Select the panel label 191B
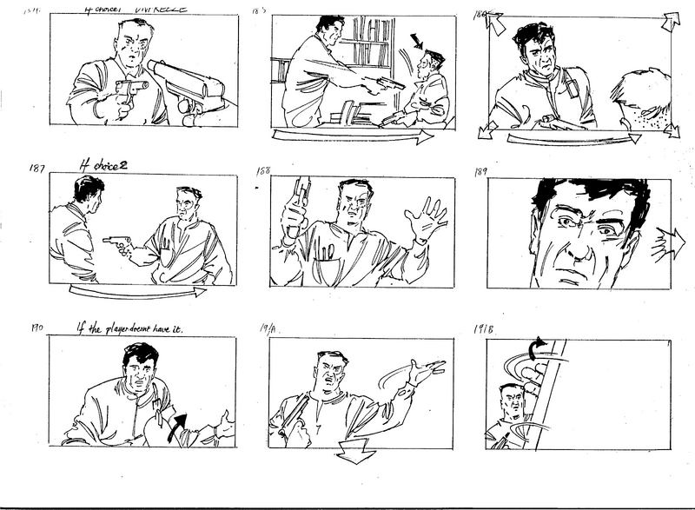tap(485, 330)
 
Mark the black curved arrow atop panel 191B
tap(539, 348)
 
